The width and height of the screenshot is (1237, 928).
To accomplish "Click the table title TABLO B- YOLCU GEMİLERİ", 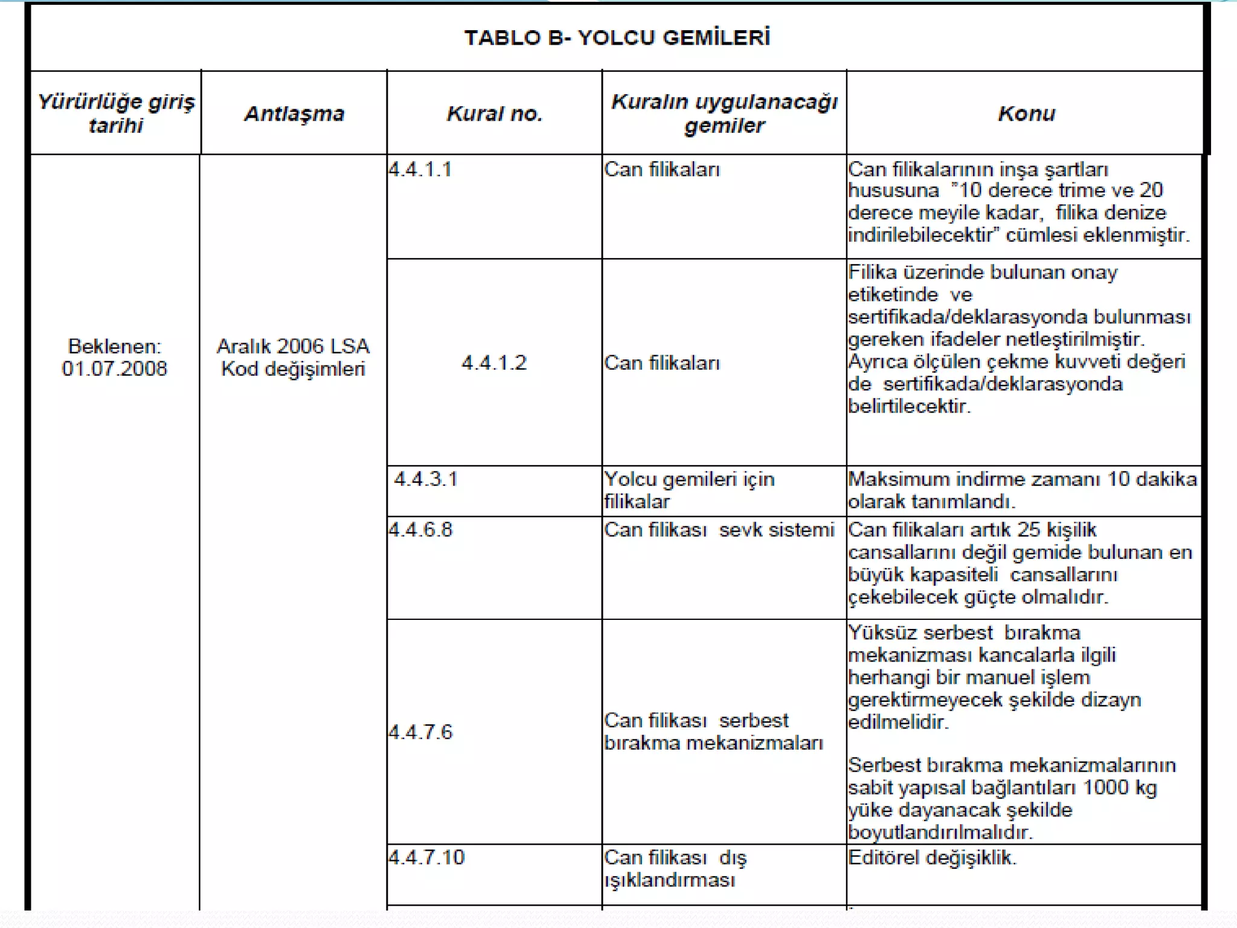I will click(x=617, y=37).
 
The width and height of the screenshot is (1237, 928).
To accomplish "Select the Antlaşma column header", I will click(x=294, y=114).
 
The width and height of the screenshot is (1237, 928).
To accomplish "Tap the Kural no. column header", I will click(x=494, y=114).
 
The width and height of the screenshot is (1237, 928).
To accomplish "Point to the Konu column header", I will click(x=1026, y=114).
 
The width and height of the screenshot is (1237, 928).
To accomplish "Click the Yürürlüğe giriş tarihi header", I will click(x=116, y=113).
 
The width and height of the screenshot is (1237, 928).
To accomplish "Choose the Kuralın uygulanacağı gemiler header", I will click(x=724, y=113).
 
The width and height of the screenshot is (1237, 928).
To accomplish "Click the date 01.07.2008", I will click(x=114, y=369).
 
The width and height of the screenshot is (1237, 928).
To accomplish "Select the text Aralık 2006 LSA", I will click(x=293, y=346).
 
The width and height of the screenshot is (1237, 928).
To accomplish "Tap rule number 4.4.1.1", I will click(x=420, y=169).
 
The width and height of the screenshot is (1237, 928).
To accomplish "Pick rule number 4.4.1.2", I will click(x=494, y=362).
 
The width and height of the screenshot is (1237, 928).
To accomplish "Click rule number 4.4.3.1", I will click(x=426, y=479).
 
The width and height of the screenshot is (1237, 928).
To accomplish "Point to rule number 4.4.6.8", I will click(x=420, y=530).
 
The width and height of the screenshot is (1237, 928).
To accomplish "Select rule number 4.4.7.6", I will click(x=420, y=732).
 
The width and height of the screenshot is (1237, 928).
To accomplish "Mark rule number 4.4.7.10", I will click(x=426, y=857).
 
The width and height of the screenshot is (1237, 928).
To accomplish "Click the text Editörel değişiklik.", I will click(x=932, y=857).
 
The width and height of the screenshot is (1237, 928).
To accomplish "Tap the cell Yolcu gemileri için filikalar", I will click(x=689, y=490).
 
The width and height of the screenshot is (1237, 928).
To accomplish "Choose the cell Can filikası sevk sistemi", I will click(x=719, y=530).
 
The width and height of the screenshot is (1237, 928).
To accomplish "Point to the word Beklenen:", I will click(x=114, y=346).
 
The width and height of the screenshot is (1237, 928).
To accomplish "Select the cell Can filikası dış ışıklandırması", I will click(x=675, y=868).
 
